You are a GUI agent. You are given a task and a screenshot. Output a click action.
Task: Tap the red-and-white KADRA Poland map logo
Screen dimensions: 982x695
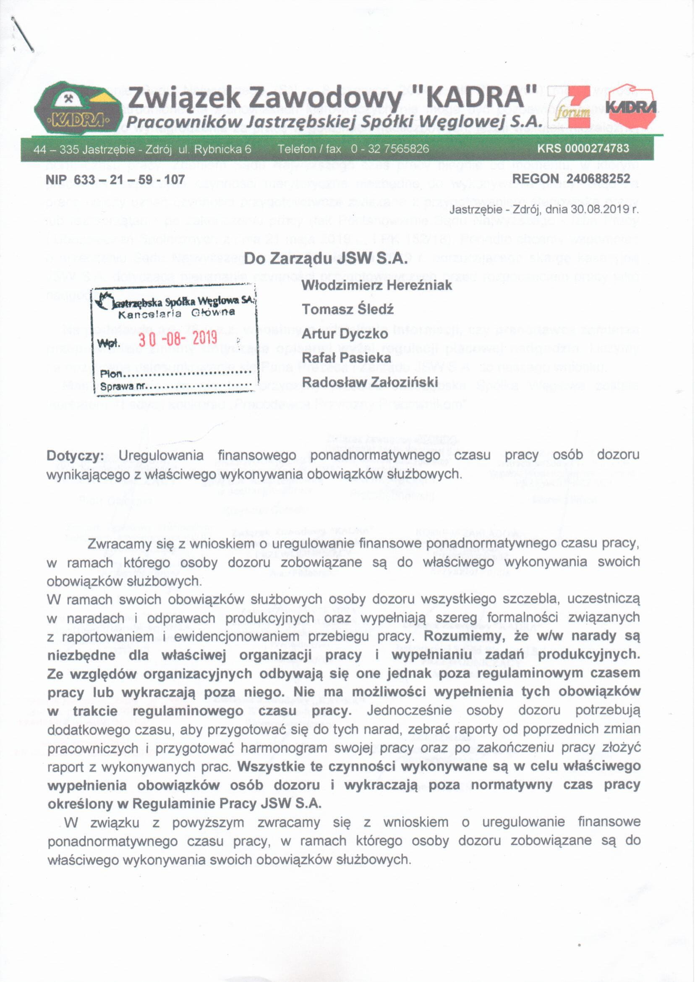(631, 107)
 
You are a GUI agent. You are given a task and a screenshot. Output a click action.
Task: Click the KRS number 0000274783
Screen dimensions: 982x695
(583, 148)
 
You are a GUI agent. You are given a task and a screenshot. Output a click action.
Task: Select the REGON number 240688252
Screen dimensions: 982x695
(598, 178)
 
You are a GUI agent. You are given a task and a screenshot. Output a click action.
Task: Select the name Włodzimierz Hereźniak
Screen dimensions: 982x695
(376, 285)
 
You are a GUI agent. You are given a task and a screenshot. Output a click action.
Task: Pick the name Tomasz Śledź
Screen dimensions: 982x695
(347, 309)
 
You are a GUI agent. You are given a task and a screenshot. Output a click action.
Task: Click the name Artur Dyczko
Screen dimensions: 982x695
(345, 333)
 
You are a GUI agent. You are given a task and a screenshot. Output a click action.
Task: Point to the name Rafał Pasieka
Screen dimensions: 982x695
(346, 357)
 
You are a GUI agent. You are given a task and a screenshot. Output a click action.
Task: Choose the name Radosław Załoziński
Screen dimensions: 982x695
(370, 382)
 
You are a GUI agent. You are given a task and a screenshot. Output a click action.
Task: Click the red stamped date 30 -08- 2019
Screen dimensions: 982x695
(178, 338)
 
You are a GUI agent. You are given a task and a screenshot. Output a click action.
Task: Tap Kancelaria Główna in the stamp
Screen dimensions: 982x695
(176, 313)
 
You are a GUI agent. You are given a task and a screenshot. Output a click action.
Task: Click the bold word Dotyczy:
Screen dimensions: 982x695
(75, 455)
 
